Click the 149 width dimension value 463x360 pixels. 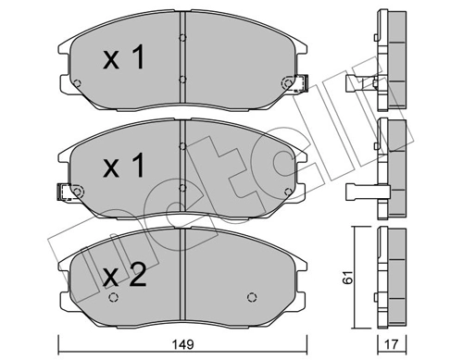[183, 344]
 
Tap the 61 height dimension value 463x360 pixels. [348, 277]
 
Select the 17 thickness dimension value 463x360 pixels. [392, 344]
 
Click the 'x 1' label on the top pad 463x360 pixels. [123, 57]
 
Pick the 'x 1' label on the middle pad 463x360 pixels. [123, 166]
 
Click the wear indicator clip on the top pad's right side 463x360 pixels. [301, 83]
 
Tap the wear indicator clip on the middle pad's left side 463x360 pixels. [64, 192]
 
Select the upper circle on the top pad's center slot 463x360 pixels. [182, 38]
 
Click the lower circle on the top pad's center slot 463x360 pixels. [182, 80]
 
